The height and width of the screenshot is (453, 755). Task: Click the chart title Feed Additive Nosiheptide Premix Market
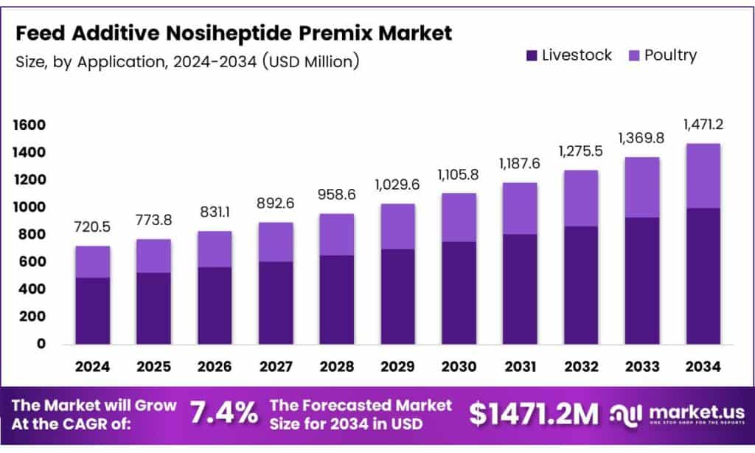(234, 33)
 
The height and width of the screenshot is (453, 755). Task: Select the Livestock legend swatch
(531, 55)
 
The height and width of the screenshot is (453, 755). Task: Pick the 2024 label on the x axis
(92, 366)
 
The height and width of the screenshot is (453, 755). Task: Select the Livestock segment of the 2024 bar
(93, 311)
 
